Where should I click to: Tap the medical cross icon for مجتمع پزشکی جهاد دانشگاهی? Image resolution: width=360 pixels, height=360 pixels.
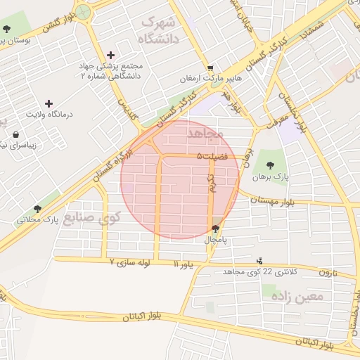pos(110,55)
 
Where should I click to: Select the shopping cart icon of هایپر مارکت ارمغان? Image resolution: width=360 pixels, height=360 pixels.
pos(201,67)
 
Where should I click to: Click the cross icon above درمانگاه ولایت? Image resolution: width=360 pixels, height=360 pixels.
pos(49,103)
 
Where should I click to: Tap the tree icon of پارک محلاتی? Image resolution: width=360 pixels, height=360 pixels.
pos(37,209)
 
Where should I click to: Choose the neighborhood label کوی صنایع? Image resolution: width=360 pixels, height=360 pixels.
pos(92,218)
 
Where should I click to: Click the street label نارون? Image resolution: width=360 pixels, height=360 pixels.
pos(328,271)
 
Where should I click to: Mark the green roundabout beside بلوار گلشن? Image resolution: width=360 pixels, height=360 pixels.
pos(84,11)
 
